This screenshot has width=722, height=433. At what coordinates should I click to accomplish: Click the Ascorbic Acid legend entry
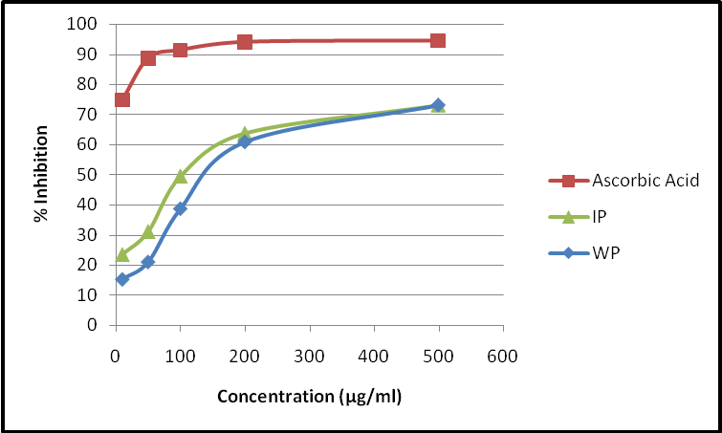[x=632, y=181]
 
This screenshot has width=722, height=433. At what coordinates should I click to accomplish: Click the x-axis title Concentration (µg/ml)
[x=309, y=396]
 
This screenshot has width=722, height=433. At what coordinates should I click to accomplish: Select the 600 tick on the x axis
[x=502, y=357]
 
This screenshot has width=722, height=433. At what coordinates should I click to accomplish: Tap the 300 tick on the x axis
[x=309, y=357]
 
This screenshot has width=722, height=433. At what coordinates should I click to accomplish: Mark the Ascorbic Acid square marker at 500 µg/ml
[x=438, y=40]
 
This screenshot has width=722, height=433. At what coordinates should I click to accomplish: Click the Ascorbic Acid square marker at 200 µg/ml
[x=245, y=41]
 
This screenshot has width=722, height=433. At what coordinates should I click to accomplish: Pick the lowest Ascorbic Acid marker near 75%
[x=122, y=99]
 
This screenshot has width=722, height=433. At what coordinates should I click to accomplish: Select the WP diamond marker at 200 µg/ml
[x=245, y=141]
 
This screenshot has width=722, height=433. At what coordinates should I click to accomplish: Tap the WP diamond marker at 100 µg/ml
[x=181, y=208]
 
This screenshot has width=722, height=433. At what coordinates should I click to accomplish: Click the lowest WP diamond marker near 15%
[x=122, y=279]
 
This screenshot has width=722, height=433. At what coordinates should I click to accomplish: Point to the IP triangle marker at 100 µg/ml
[x=181, y=176]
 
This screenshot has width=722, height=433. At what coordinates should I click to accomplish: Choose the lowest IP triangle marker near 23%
[x=122, y=254]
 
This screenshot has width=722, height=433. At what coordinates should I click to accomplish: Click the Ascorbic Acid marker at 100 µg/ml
[x=181, y=50]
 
